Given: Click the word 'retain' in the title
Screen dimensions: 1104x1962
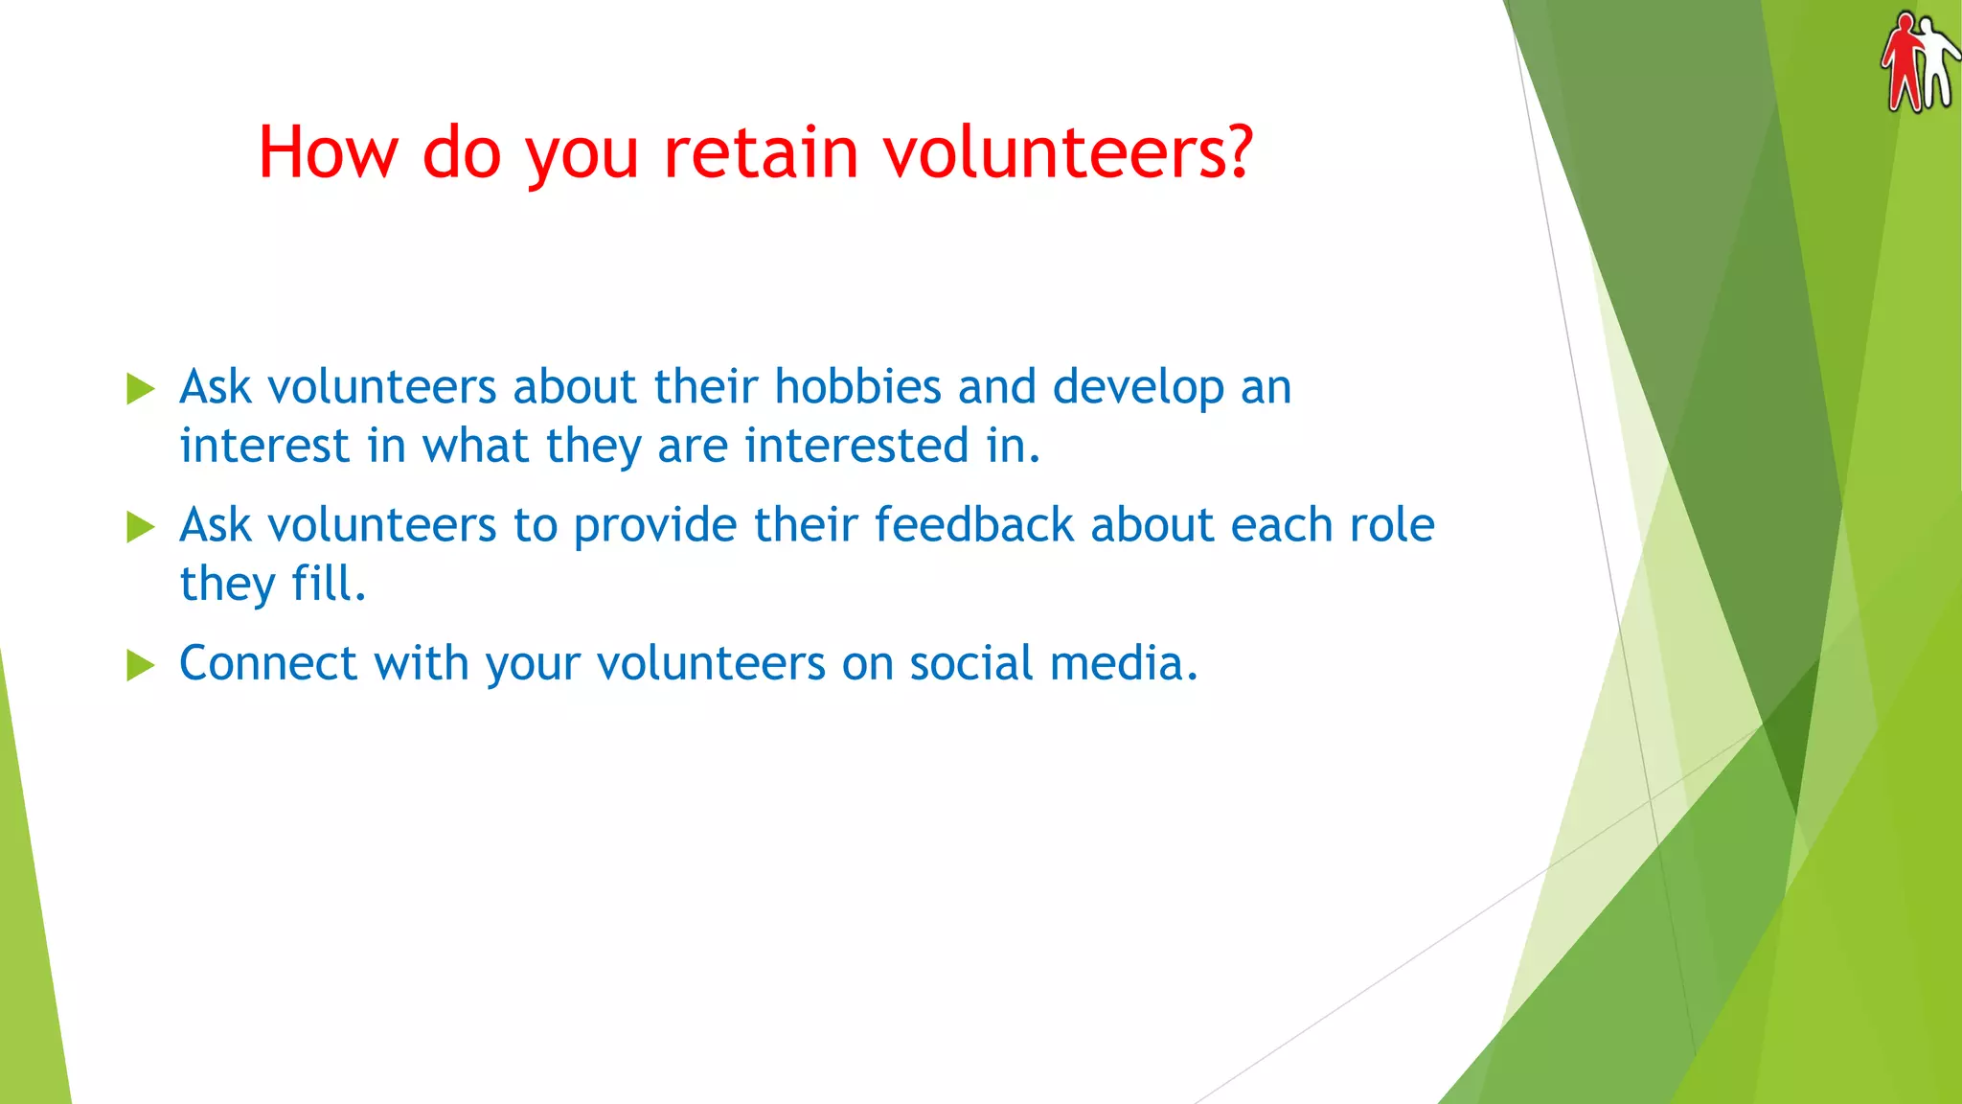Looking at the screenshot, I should pos(761,153).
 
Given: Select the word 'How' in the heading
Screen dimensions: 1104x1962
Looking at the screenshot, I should pos(328,153).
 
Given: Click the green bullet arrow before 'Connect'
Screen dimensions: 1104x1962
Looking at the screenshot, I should pos(140,664).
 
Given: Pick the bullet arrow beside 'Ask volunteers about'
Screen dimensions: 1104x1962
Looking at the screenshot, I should pos(140,388).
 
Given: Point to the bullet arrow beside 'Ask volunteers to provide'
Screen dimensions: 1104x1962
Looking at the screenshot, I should pos(140,526).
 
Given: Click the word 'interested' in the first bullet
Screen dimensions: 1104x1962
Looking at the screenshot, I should pos(856,446).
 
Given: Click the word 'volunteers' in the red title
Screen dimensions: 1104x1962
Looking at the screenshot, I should pos(1066,153).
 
